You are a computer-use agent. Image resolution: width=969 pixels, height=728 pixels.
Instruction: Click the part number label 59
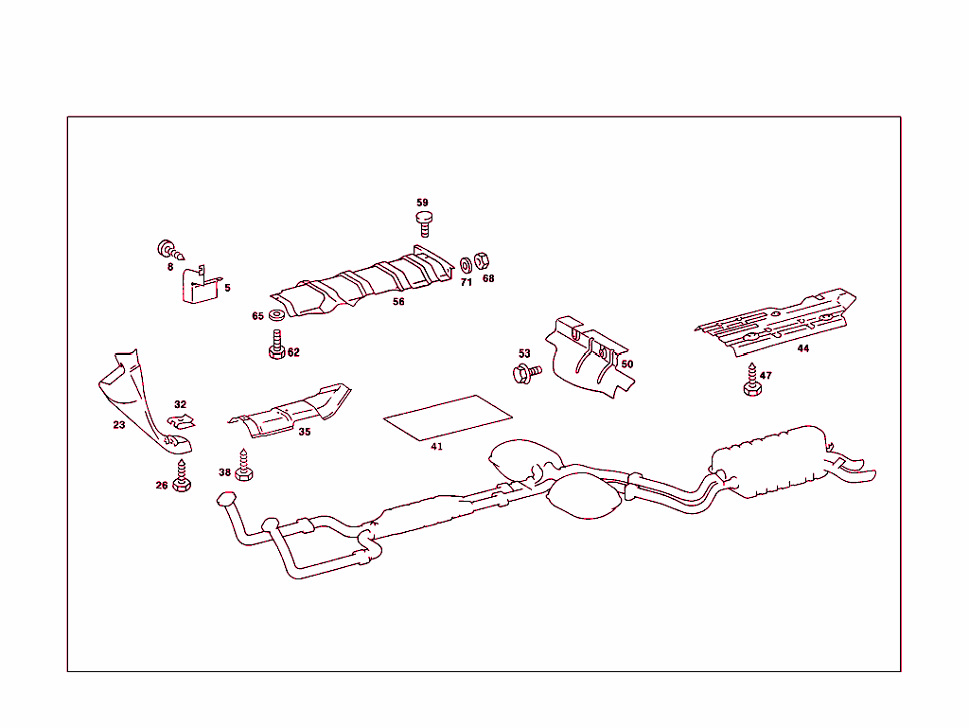tap(422, 203)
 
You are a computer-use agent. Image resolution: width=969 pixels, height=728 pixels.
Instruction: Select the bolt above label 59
tap(424, 223)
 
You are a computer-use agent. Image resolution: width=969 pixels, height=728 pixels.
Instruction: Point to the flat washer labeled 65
tap(276, 315)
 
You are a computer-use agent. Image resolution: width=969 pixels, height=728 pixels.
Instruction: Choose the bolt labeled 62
tap(276, 345)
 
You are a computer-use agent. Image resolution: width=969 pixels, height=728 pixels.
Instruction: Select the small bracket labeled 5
tap(200, 286)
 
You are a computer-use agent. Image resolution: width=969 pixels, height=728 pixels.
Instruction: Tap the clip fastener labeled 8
tap(169, 252)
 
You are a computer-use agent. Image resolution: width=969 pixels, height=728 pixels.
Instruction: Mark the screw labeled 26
tap(183, 476)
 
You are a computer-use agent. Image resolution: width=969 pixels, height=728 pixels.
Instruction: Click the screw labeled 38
tap(247, 465)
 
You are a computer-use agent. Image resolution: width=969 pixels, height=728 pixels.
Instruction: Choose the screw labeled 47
tap(752, 381)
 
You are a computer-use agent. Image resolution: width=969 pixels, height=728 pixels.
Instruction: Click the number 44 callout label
tap(802, 348)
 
